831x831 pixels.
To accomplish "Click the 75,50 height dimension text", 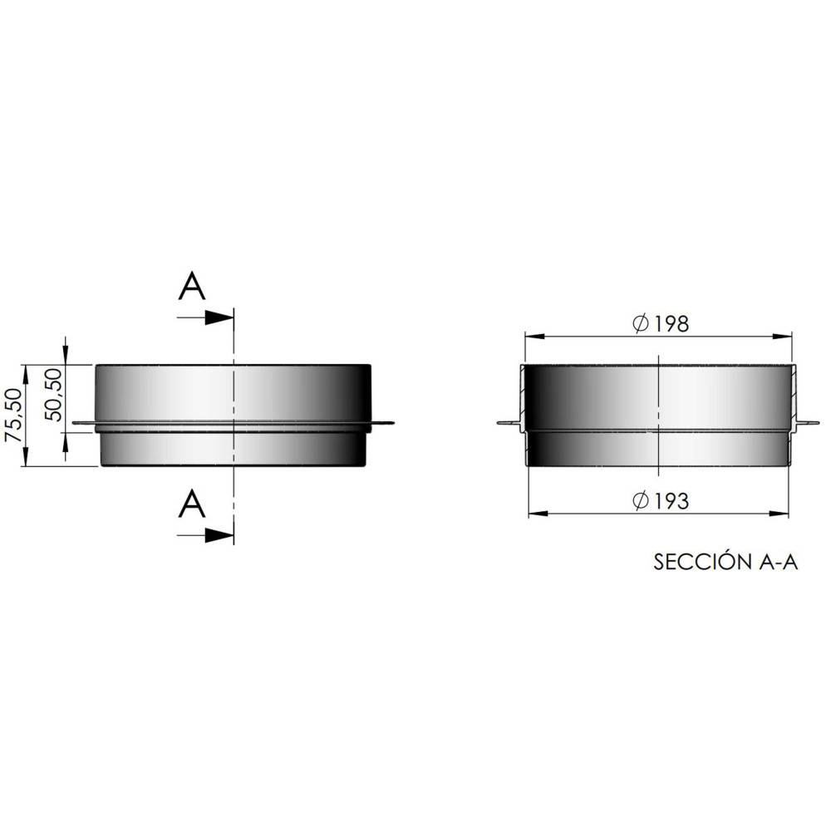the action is pos(13,415).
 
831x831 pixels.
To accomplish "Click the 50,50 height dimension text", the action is pos(53,395).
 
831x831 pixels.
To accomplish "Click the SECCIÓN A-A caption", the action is pos(725,563).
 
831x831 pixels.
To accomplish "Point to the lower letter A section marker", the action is pos(192,504).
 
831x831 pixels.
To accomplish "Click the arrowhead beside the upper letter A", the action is pos(219,317).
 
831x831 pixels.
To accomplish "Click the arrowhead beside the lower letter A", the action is pos(219,535).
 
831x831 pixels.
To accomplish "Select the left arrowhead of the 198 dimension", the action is pos(535,337).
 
